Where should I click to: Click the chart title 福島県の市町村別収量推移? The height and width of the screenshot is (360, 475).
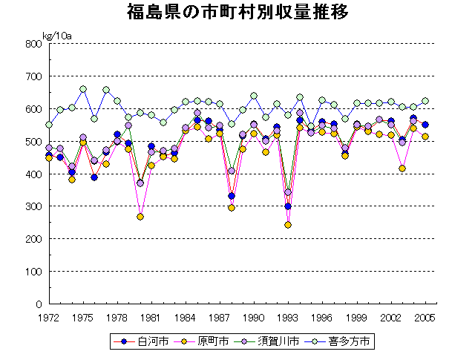(x=237, y=13)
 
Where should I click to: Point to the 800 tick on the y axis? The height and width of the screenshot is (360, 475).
(x=32, y=44)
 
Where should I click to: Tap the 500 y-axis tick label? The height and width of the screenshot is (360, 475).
(x=32, y=142)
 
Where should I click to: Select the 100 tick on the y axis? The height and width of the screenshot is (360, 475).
(x=32, y=272)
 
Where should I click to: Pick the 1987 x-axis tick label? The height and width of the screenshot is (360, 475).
(x=220, y=317)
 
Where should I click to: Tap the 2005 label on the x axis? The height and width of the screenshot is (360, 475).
(x=425, y=317)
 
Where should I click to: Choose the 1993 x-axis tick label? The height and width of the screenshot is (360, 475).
(x=288, y=317)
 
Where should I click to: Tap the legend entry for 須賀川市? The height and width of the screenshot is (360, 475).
(x=277, y=341)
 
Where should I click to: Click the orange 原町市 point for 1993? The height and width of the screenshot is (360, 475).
(x=288, y=225)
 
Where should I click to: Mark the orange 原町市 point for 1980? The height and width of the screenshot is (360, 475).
(x=140, y=217)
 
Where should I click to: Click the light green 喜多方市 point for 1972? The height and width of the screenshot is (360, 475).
(x=49, y=125)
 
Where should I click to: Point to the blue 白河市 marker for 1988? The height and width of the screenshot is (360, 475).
(x=232, y=196)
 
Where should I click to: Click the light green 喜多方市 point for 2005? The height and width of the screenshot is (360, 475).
(x=425, y=101)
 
